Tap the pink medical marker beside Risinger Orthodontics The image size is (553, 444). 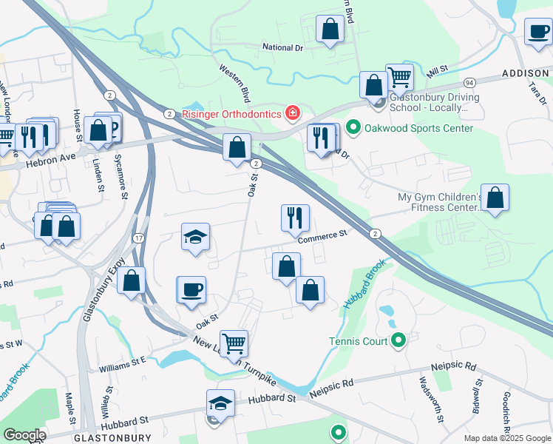pyautogui.click(x=293, y=113)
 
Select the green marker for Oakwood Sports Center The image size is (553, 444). pyautogui.click(x=353, y=128)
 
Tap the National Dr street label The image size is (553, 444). pyautogui.click(x=283, y=47)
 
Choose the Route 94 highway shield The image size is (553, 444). pyautogui.click(x=469, y=81)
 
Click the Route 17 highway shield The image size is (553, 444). pyautogui.click(x=138, y=238)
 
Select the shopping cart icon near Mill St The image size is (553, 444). pyautogui.click(x=399, y=75)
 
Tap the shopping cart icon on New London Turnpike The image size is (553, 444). pyautogui.click(x=234, y=342)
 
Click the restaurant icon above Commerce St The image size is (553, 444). pyautogui.click(x=294, y=217)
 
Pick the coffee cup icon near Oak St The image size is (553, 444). pyautogui.click(x=191, y=289)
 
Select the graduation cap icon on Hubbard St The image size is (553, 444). pyautogui.click(x=220, y=403)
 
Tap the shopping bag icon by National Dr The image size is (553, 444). pyautogui.click(x=330, y=29)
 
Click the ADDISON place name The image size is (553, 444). pyautogui.click(x=526, y=73)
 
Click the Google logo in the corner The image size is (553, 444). pyautogui.click(x=24, y=435)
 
